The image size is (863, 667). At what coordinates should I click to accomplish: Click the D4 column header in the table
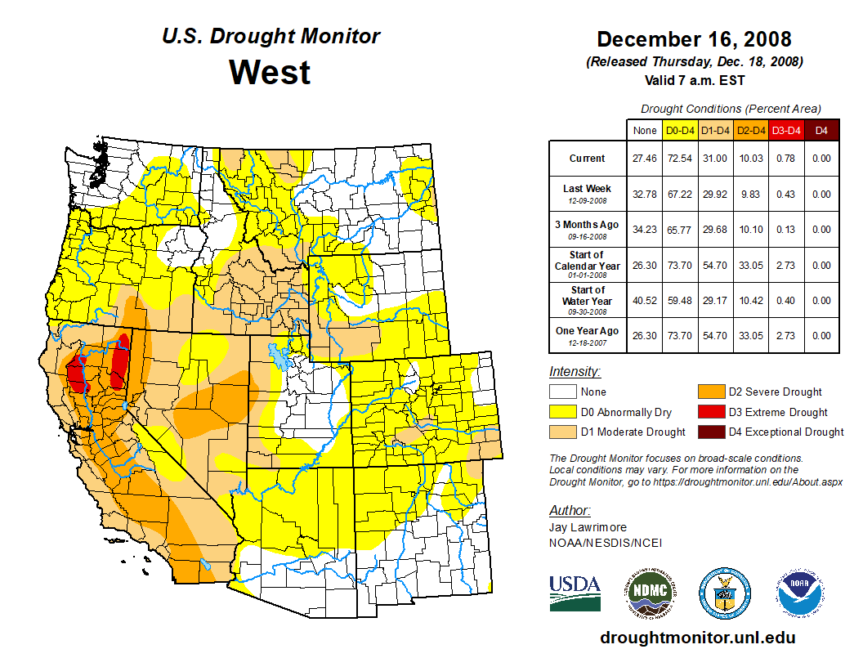point(821,130)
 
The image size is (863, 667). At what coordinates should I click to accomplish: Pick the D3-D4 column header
point(786,130)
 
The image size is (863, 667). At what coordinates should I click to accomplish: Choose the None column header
point(644,130)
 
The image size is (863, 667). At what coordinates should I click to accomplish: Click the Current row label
point(588,159)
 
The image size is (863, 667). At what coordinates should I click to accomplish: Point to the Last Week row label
point(588,189)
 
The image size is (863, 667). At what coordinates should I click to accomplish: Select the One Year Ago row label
point(588,330)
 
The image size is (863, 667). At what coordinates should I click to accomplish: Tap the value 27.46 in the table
point(644,159)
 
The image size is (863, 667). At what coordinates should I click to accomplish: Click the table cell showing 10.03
point(750,159)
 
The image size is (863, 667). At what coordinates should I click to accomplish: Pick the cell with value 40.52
point(644,301)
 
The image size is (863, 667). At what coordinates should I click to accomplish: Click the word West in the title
point(270,72)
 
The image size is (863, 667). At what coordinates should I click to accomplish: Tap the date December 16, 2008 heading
point(694,39)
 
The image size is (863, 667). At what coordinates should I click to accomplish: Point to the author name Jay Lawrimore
point(588,527)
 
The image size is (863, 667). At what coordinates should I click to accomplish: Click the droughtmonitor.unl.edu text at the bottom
point(697,638)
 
